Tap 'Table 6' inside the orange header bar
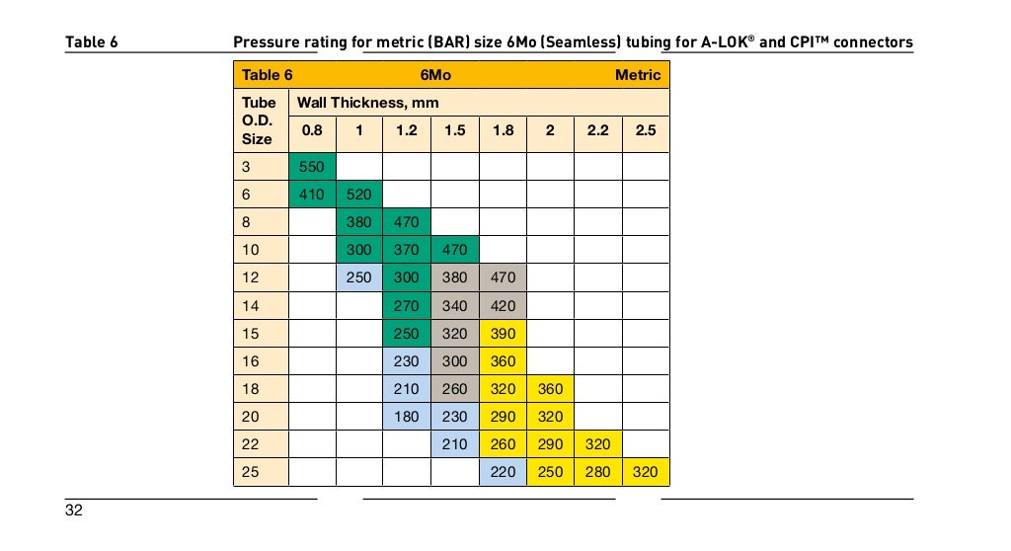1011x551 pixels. click(x=267, y=75)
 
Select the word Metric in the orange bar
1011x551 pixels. click(x=637, y=75)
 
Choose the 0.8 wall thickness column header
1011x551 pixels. click(x=312, y=130)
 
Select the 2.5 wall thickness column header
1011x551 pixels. click(x=645, y=130)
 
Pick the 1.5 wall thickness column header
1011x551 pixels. click(x=454, y=130)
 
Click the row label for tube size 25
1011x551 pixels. click(x=251, y=472)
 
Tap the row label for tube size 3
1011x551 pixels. click(x=247, y=167)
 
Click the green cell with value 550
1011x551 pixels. click(x=312, y=167)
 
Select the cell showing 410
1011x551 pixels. click(x=312, y=195)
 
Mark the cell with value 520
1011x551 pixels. click(x=359, y=195)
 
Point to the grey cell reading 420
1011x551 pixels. click(x=503, y=306)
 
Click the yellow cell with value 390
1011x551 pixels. click(x=503, y=334)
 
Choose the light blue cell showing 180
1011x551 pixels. click(x=407, y=417)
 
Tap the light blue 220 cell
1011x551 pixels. click(x=503, y=472)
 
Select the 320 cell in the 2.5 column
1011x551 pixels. click(x=645, y=472)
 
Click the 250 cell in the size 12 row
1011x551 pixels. click(x=359, y=278)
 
